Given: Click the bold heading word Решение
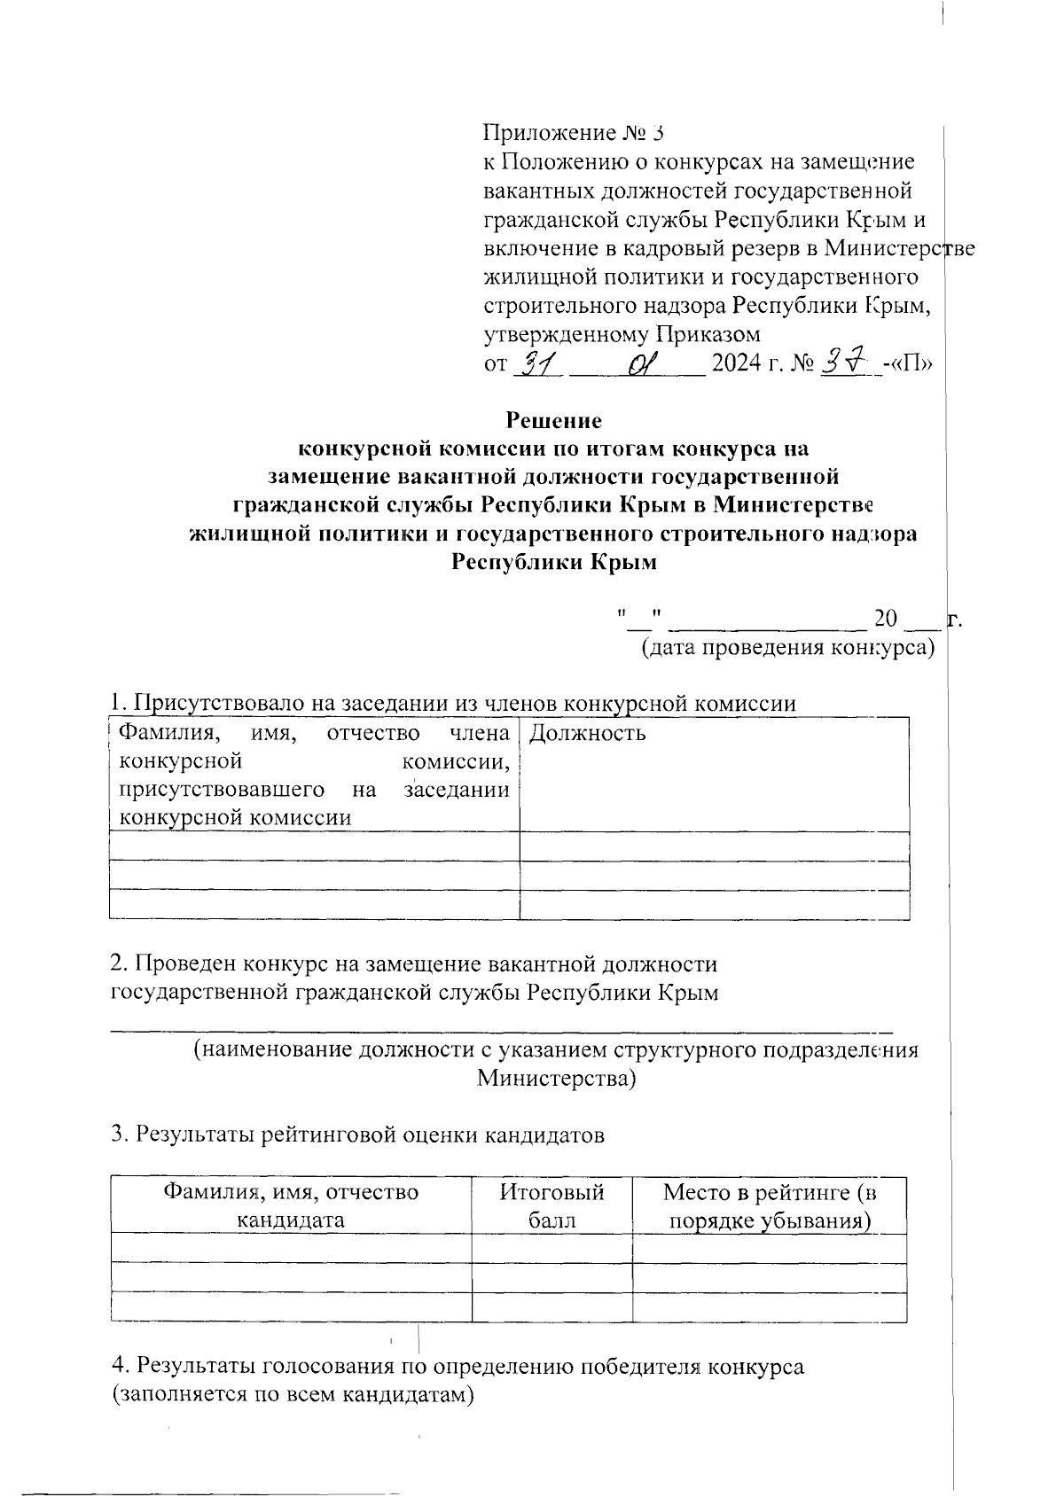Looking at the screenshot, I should (553, 419).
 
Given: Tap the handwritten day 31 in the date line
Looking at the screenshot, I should (539, 363).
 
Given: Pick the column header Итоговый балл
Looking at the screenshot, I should (552, 1205).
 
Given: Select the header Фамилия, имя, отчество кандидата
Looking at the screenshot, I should (290, 1205).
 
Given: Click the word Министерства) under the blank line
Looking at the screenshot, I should (556, 1079).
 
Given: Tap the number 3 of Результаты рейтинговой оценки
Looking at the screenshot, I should (116, 1134).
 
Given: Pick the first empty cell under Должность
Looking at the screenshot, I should (714, 846).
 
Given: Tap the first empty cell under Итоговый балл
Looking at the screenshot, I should (551, 1248).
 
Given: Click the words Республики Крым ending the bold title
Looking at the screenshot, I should (553, 562).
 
